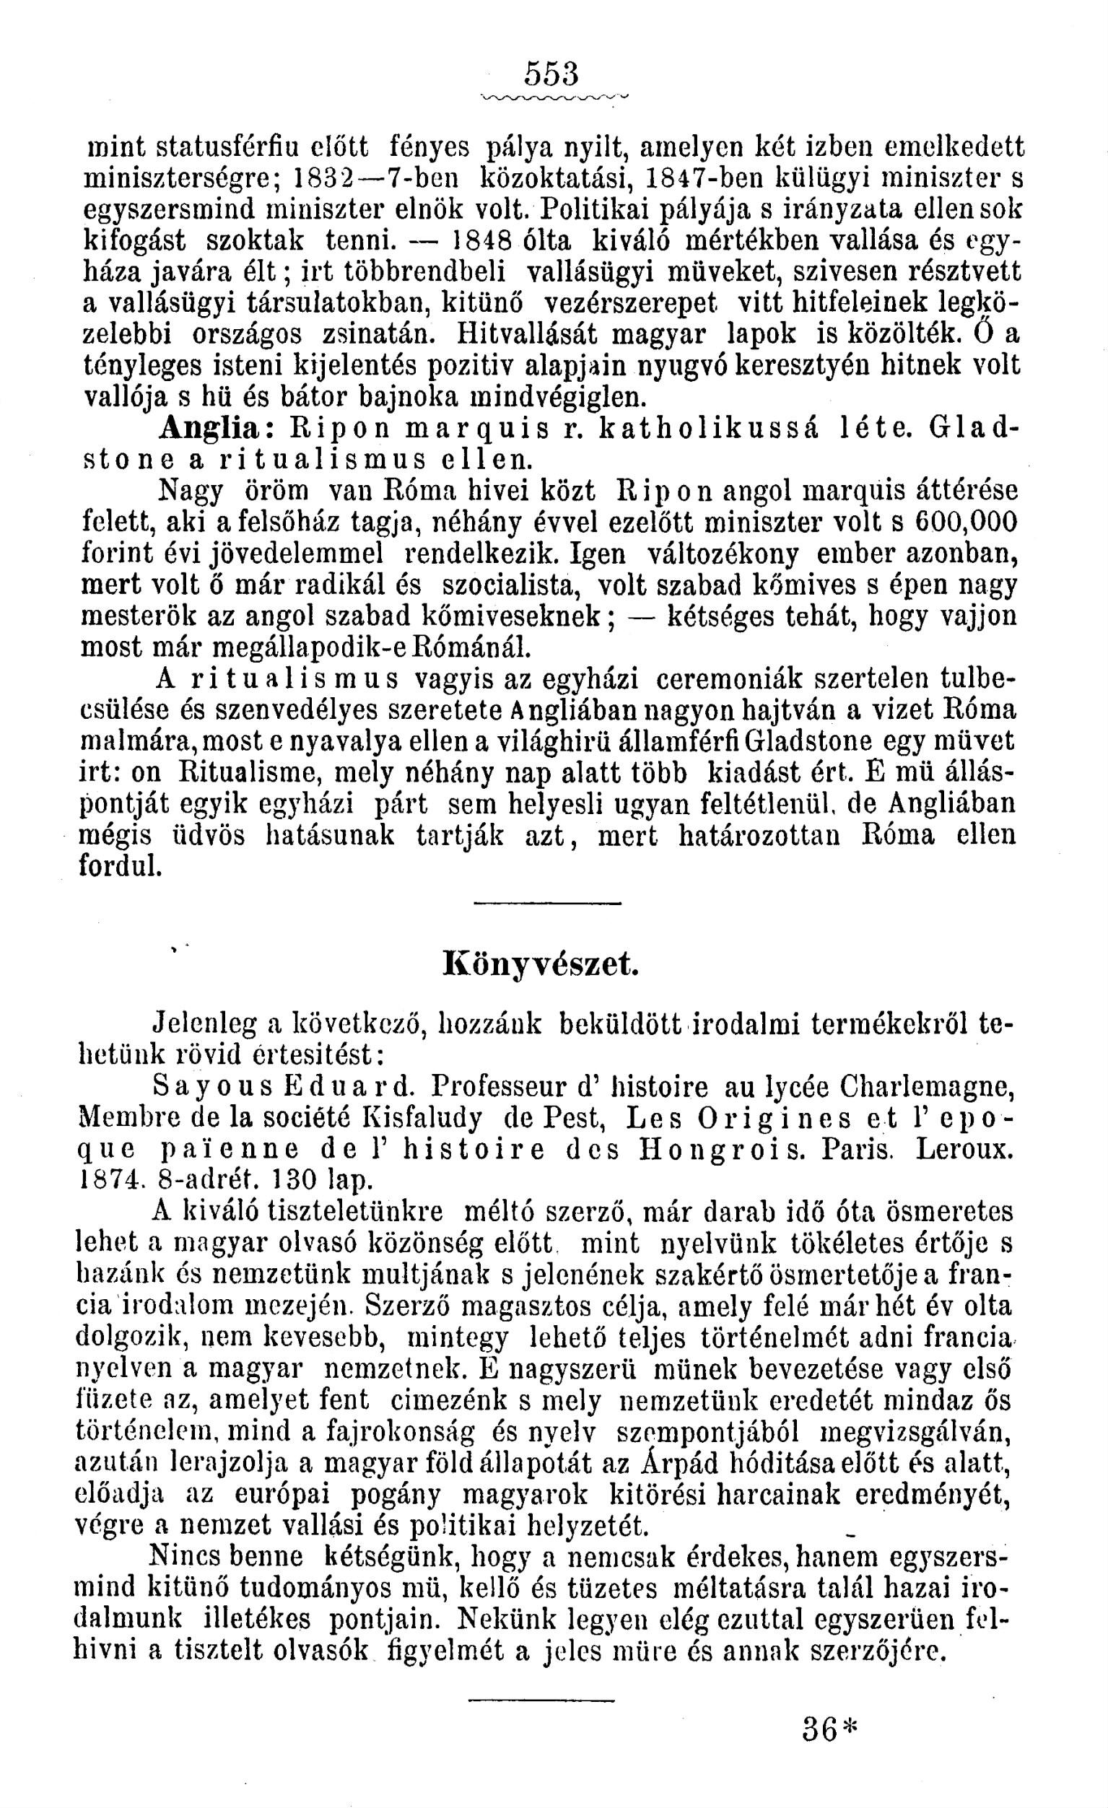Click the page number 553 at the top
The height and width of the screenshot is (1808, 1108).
551,74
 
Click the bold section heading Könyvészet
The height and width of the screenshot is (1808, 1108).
541,964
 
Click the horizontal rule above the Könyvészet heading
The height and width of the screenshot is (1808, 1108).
546,901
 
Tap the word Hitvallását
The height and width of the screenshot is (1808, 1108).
528,333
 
